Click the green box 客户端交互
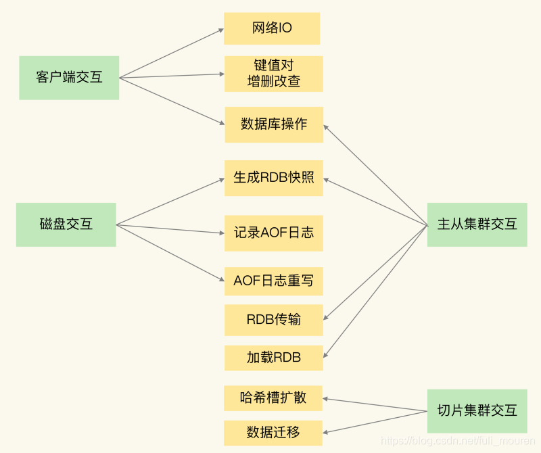69,77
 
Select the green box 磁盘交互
66,224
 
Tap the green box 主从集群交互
477,224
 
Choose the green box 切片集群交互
477,410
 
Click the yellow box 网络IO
272,28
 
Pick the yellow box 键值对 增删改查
273,73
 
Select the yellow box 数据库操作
274,124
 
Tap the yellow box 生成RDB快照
274,178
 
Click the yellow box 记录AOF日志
274,233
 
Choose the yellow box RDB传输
274,319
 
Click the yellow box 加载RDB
274,357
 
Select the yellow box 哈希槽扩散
273,398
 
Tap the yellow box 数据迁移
273,432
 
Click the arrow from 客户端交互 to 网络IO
171,54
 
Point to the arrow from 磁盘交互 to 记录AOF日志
170,229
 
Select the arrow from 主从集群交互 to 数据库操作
376,174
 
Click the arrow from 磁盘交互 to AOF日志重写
170,252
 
